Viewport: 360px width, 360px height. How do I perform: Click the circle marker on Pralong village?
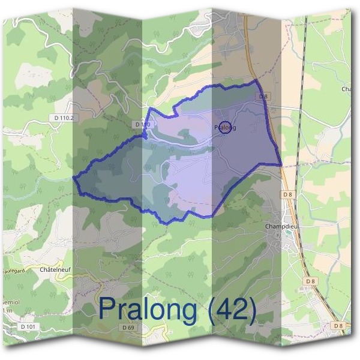pos(225,127)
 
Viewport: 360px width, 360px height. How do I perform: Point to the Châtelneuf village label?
pos(55,271)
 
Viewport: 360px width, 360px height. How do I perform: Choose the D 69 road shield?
pos(128,328)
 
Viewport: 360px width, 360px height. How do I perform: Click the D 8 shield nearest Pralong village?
pos(263,96)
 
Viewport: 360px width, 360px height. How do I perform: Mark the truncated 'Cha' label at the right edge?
pos(346,89)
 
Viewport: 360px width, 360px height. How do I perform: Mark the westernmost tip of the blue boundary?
pos(74,178)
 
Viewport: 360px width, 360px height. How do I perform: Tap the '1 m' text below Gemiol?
pos(7,311)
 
